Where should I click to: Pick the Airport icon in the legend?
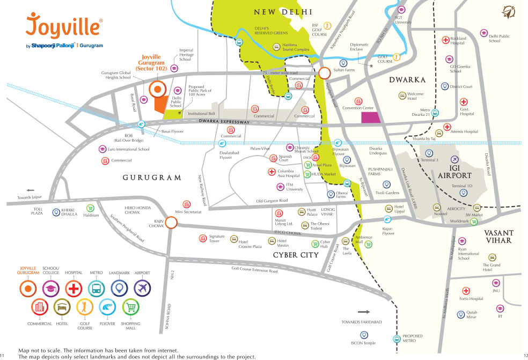[142, 289]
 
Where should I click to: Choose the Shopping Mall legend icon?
[131, 308]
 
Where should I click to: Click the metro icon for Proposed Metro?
[396, 339]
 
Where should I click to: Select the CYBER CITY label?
[296, 255]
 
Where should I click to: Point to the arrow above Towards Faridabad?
[364, 312]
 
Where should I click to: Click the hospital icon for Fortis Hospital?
[466, 290]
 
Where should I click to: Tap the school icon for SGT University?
[401, 10]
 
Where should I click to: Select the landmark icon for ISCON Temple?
[364, 334]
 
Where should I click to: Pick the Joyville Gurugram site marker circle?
[157, 90]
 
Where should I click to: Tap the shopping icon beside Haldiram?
[90, 208]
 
